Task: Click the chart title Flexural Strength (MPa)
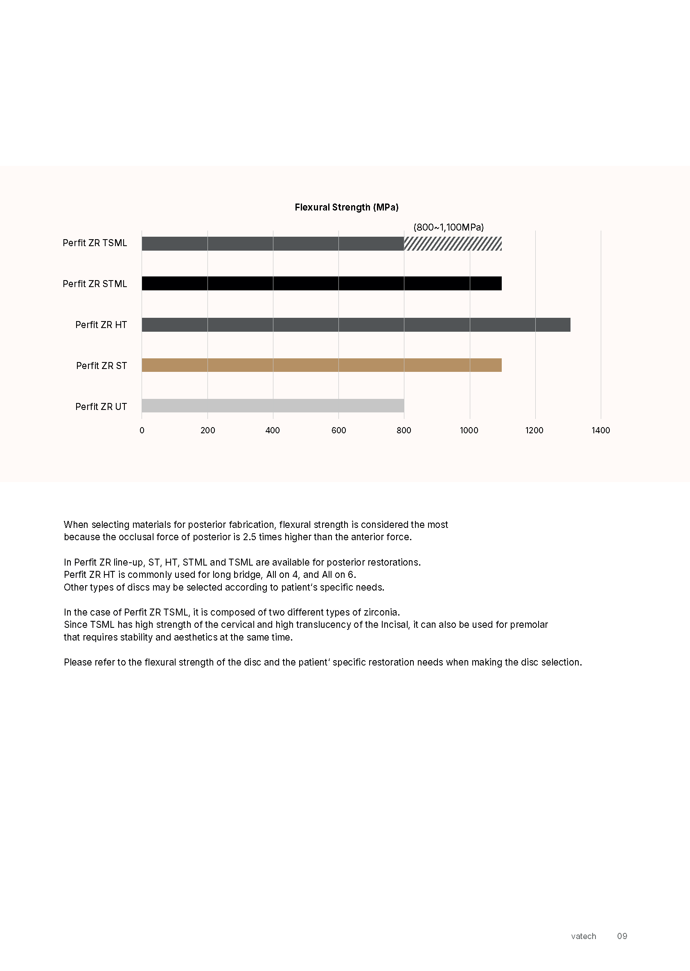pos(346,207)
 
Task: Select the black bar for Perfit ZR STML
pos(321,283)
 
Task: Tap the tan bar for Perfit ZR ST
pos(321,365)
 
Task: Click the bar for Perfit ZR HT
pos(356,324)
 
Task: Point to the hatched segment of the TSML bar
pos(453,244)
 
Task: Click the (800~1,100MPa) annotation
pos(448,227)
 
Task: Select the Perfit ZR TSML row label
pos(95,243)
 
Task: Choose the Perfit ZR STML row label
pos(95,283)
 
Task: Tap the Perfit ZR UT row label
pos(101,406)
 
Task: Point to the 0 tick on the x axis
pos(142,430)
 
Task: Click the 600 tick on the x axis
pos(338,430)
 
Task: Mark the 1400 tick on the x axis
pos(600,430)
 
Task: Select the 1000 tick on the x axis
pos(469,430)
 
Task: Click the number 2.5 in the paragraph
pos(249,537)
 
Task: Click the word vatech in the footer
pos(583,936)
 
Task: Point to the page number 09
pos(622,936)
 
